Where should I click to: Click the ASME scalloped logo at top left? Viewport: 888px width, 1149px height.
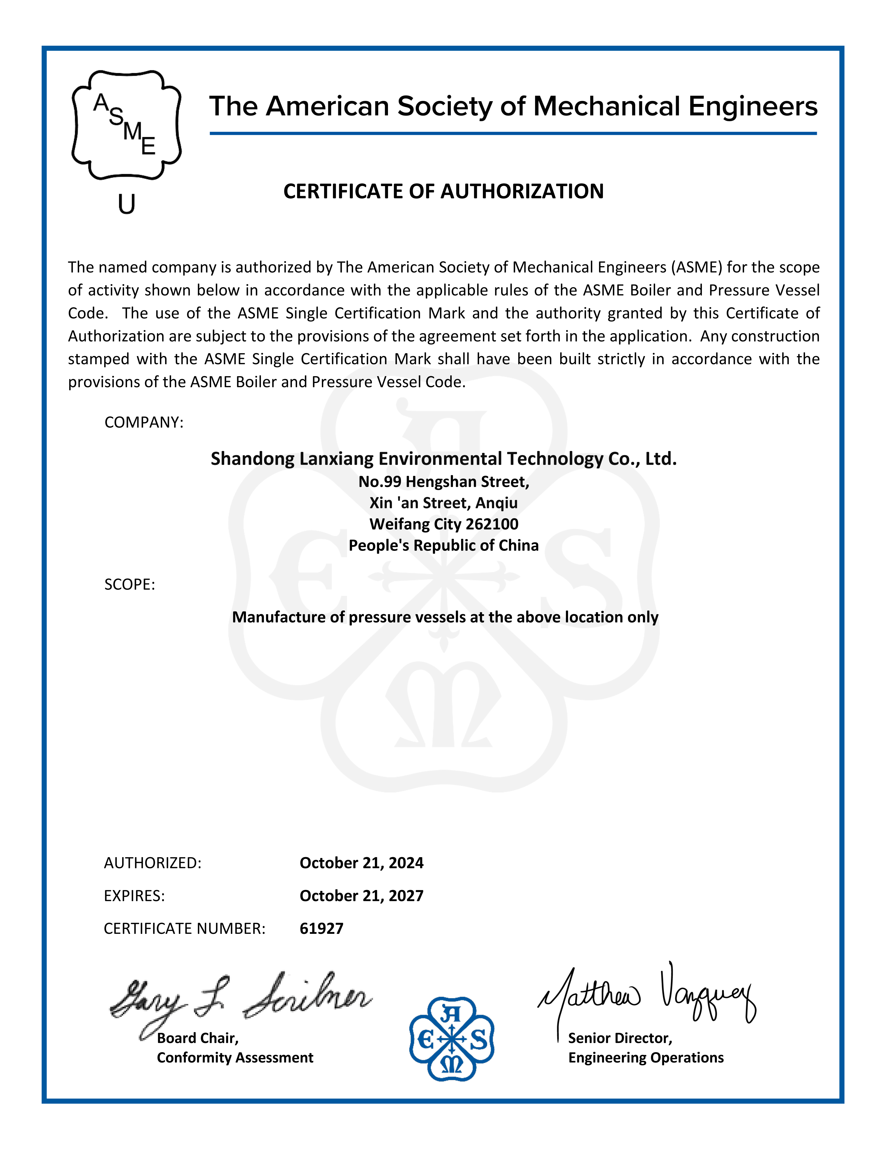point(126,125)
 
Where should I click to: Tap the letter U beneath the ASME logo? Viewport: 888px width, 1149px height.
point(126,204)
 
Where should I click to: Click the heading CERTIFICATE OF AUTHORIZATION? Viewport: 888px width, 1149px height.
point(443,191)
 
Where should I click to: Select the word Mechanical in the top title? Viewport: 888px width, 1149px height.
point(606,107)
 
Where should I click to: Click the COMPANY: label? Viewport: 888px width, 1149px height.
point(144,422)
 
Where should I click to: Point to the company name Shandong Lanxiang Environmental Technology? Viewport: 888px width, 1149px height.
point(443,459)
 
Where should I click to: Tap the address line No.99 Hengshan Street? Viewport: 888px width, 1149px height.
point(443,482)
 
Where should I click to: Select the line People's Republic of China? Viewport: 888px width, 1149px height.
point(443,546)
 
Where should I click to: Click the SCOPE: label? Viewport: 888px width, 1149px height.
point(129,585)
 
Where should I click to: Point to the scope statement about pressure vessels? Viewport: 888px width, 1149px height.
point(445,617)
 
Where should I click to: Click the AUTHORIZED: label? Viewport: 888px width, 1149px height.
point(153,863)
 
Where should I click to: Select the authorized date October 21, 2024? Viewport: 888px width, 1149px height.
point(361,863)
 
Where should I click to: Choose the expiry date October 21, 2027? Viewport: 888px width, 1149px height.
point(361,896)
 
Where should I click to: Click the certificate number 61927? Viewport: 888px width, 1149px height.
point(321,929)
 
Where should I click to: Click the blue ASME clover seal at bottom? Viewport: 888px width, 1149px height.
point(451,1039)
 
